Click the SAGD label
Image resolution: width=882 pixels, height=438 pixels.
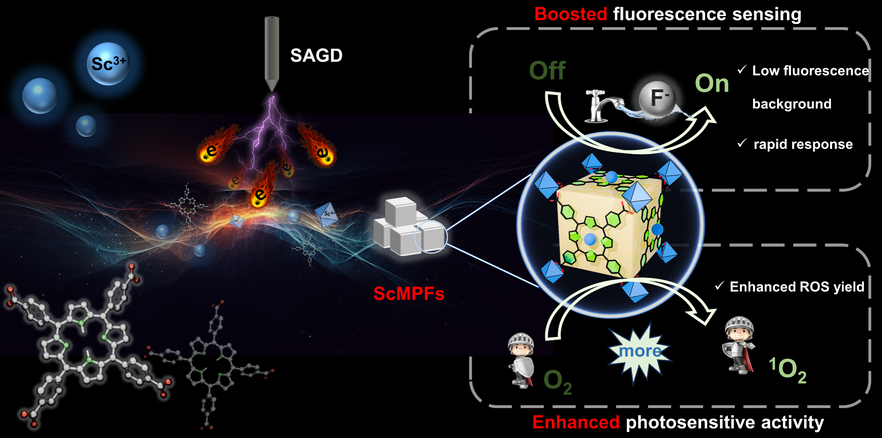[316, 55]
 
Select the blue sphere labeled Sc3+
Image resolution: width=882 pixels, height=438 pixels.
[108, 64]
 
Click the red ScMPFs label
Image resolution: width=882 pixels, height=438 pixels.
[409, 294]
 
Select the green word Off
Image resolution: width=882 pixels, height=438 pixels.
[547, 71]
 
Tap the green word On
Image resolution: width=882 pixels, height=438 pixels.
[712, 83]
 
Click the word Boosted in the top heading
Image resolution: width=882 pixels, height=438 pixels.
[570, 14]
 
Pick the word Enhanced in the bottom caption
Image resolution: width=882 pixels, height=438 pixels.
[576, 422]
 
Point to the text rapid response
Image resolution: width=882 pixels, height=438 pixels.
[803, 144]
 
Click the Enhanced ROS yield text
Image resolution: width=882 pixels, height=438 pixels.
[797, 287]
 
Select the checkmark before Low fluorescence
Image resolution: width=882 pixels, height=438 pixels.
[742, 70]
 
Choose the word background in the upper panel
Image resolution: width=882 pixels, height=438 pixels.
[791, 104]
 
